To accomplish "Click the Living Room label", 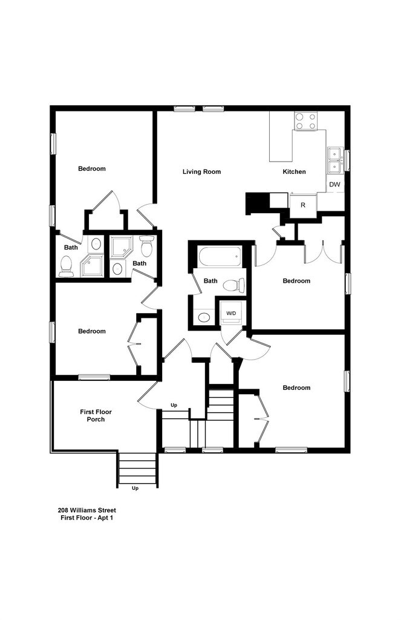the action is [x=201, y=171].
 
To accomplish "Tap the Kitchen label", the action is [x=294, y=171].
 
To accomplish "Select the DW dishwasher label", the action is [x=334, y=184].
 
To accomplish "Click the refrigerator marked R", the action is [x=303, y=205].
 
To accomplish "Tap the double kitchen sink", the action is [x=334, y=160].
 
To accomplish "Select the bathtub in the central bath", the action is [x=220, y=257].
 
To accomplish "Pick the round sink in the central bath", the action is [x=204, y=317].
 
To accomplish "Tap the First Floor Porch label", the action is [x=96, y=415].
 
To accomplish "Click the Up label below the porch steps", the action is [x=135, y=489].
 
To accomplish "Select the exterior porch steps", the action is [x=137, y=469].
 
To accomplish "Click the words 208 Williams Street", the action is [x=87, y=510].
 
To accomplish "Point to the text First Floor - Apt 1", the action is [x=87, y=518].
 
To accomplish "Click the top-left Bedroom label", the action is [x=92, y=168].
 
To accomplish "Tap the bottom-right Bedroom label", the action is [x=296, y=387].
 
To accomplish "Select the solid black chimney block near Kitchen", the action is [x=257, y=203].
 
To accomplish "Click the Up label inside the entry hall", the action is [x=174, y=405].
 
